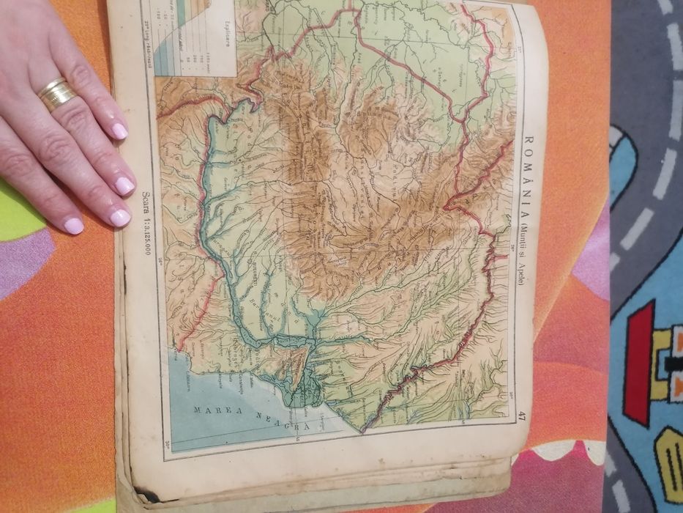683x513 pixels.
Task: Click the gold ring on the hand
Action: (x=56, y=93)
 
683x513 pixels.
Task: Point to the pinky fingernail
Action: (x=74, y=226)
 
